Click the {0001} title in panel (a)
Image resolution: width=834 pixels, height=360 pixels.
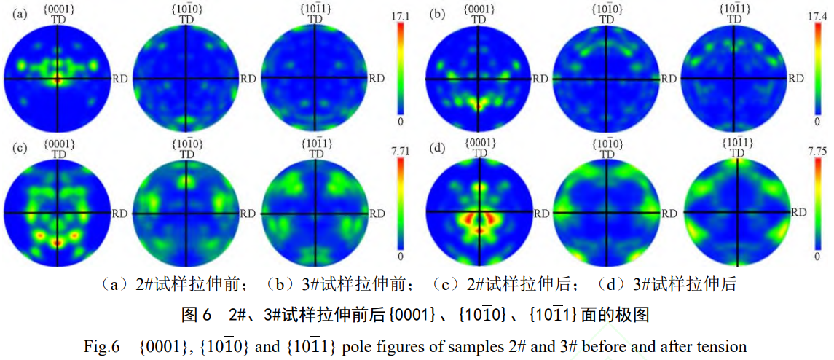57,9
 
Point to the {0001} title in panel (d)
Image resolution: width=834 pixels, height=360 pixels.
479,141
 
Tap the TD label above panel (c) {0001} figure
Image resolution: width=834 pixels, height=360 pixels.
57,154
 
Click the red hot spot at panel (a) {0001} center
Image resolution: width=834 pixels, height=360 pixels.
57,79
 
